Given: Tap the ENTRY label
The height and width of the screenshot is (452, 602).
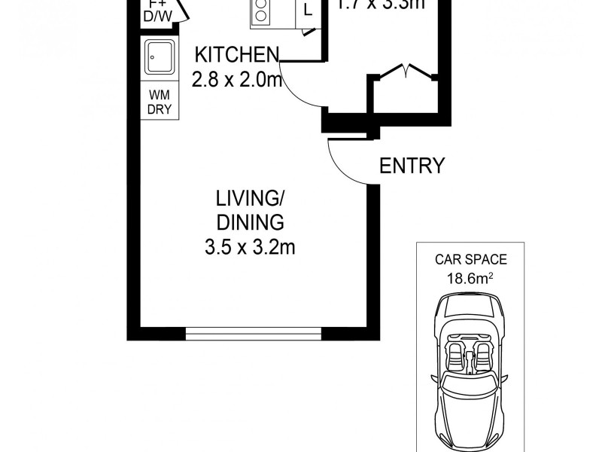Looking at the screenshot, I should tap(412, 166).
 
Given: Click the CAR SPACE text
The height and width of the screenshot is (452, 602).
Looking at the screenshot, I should tap(471, 261).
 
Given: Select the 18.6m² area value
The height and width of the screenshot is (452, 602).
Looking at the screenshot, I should tap(471, 277).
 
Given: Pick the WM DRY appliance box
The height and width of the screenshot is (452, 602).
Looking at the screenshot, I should tap(160, 101).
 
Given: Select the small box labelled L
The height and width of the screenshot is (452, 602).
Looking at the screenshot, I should tap(308, 11).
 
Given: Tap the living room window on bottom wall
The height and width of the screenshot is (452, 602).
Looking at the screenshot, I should tap(254, 332).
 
